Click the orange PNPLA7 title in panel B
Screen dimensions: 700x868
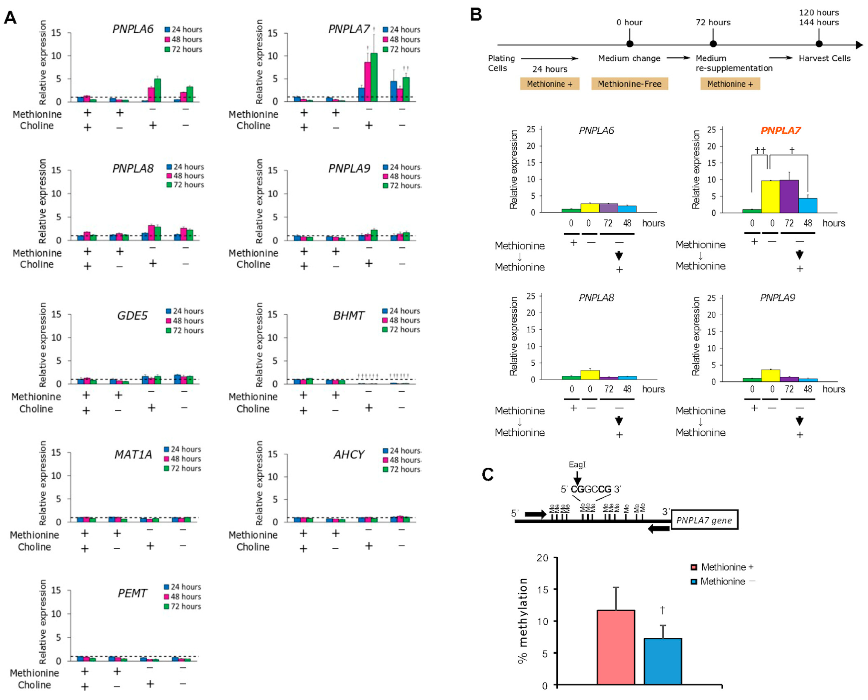(x=780, y=130)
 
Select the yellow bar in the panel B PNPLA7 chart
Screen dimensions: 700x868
(x=770, y=196)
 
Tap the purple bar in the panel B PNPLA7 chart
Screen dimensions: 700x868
(x=789, y=196)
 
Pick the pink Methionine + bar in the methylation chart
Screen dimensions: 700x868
(x=615, y=647)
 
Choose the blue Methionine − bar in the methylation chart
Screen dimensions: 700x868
(x=662, y=661)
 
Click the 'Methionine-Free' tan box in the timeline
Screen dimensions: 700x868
(x=629, y=84)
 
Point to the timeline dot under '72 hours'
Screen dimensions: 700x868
(x=713, y=44)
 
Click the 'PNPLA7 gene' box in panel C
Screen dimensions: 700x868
(x=704, y=520)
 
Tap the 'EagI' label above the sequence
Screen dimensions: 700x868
(x=577, y=464)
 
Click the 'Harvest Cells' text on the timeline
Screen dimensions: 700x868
(x=824, y=58)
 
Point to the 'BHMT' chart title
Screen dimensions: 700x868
(x=348, y=315)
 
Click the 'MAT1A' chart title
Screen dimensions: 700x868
(x=133, y=454)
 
